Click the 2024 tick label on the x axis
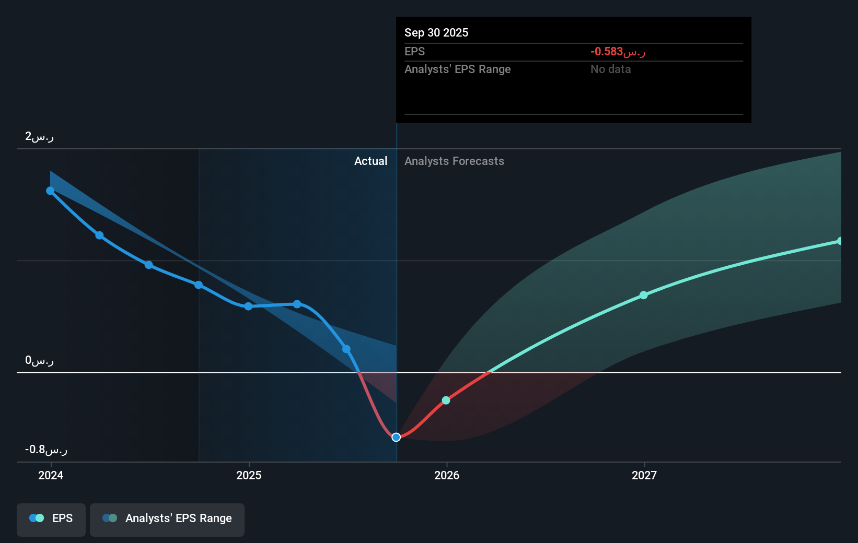tap(51, 475)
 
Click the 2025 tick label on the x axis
tap(249, 475)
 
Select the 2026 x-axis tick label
tap(447, 475)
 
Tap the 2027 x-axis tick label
tap(644, 475)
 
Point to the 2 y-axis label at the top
tap(39, 137)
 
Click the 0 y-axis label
tap(39, 360)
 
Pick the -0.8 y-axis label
tap(46, 450)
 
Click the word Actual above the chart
tap(370, 161)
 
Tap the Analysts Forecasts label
tap(454, 161)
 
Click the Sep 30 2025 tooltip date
tap(436, 33)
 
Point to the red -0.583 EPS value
tap(618, 52)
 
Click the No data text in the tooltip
tap(610, 69)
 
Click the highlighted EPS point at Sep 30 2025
tap(396, 437)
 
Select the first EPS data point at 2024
tap(50, 191)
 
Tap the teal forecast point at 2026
tap(446, 400)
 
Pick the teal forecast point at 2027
tap(644, 295)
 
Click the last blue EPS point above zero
tap(346, 349)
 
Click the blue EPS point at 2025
tap(248, 306)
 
